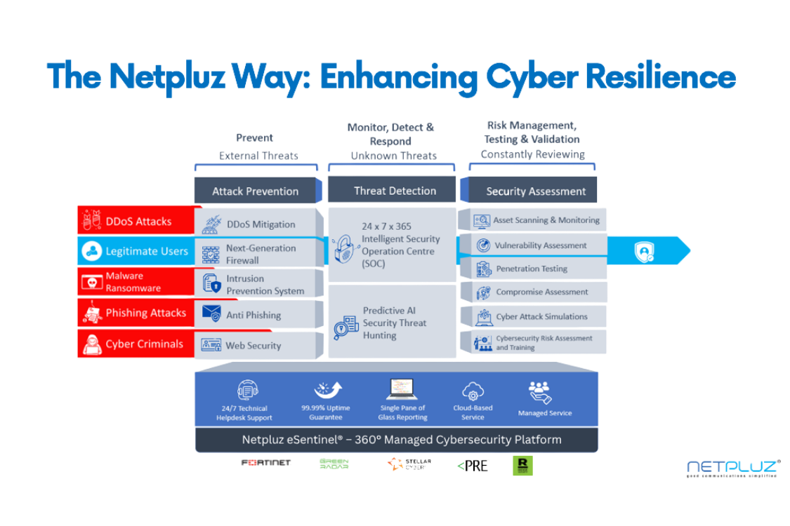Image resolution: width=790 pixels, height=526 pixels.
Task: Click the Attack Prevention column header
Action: (x=256, y=191)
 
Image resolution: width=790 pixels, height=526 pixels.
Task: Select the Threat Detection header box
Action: (x=395, y=190)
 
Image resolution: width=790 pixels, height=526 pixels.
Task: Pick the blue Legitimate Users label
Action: (x=138, y=251)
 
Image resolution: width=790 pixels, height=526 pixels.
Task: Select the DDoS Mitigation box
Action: (x=260, y=224)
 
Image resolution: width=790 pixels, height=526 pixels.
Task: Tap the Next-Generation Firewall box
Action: (x=260, y=254)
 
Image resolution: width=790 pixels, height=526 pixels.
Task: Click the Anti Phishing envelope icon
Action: (x=211, y=313)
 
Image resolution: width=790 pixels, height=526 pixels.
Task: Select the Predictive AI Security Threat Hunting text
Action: (x=395, y=323)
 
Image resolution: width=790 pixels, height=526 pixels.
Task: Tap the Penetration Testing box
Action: (x=532, y=269)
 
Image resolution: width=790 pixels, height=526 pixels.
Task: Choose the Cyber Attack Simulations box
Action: (x=532, y=316)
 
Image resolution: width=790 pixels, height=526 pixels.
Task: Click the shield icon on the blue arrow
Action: (x=644, y=252)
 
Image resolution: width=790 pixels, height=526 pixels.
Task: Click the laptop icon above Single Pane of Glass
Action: (x=402, y=389)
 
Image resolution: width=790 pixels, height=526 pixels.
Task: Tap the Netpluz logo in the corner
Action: (x=732, y=468)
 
